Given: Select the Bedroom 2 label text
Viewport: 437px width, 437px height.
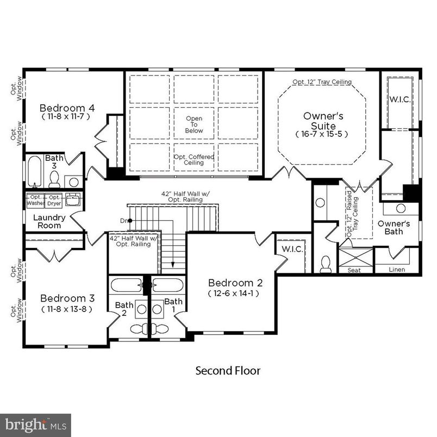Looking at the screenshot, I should tap(235, 283).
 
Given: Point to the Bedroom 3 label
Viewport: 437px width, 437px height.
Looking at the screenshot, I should tap(67, 298).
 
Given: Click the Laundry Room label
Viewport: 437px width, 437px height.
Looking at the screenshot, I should tap(49, 221).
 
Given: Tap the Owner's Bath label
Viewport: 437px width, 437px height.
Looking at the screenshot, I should tap(394, 227).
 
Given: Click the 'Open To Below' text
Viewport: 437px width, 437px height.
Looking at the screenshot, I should tap(194, 124).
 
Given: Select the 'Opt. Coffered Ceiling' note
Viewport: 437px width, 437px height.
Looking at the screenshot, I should tap(194, 160).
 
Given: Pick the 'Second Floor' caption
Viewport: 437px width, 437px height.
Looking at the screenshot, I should tap(228, 371).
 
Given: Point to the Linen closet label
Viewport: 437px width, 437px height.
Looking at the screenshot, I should tap(397, 270).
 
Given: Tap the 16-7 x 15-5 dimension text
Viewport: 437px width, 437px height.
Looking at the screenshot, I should tap(322, 134).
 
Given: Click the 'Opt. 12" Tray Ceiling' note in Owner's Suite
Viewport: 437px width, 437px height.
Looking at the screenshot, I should tap(322, 82).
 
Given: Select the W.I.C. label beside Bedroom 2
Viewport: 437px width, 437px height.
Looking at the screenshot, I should tap(292, 249).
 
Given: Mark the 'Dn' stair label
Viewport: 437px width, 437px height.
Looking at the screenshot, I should tap(124, 220).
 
